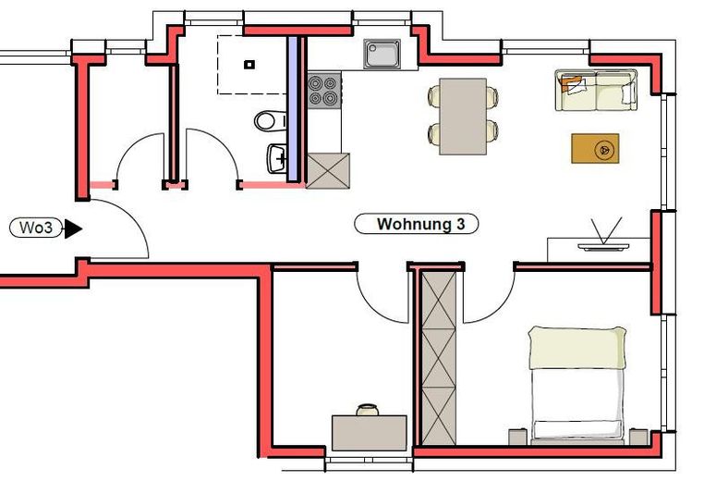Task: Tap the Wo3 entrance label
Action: click(34, 228)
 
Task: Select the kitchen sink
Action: click(382, 55)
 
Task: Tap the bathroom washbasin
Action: click(278, 159)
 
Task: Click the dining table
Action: click(463, 116)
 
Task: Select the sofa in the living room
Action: click(596, 90)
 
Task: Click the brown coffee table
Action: click(595, 148)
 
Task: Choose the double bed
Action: click(577, 384)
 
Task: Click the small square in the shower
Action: click(249, 65)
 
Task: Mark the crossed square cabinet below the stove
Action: click(328, 171)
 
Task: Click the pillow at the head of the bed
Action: click(577, 347)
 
